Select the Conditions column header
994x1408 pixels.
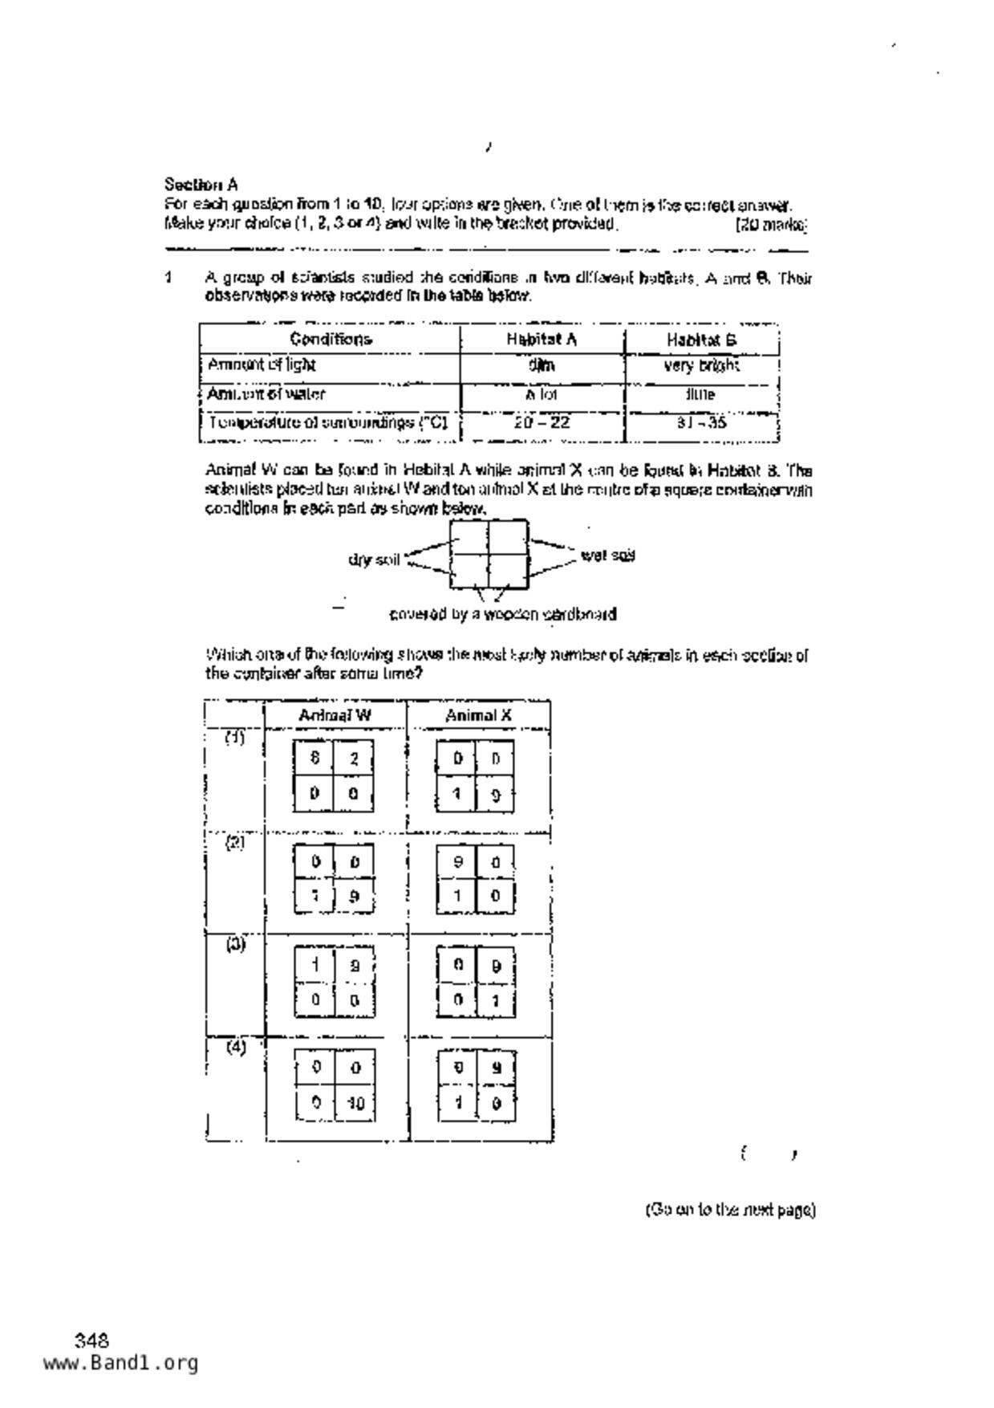click(331, 339)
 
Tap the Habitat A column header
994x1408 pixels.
click(542, 339)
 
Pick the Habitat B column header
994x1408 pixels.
click(701, 340)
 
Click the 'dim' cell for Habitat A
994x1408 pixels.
click(542, 366)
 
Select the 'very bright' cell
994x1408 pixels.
click(701, 366)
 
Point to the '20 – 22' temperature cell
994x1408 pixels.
click(542, 422)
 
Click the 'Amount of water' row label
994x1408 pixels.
click(266, 394)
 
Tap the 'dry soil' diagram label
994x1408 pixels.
click(374, 559)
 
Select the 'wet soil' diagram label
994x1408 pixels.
click(607, 555)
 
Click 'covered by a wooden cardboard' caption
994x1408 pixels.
click(503, 615)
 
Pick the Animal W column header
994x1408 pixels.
click(335, 715)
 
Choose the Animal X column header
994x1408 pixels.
click(479, 715)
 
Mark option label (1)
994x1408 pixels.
click(234, 738)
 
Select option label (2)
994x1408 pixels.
click(234, 842)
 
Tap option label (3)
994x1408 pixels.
click(235, 945)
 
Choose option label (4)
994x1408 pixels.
click(235, 1048)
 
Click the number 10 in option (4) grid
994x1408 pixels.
click(355, 1104)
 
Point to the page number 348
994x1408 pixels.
click(91, 1340)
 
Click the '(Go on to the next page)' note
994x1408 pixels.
click(730, 1210)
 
